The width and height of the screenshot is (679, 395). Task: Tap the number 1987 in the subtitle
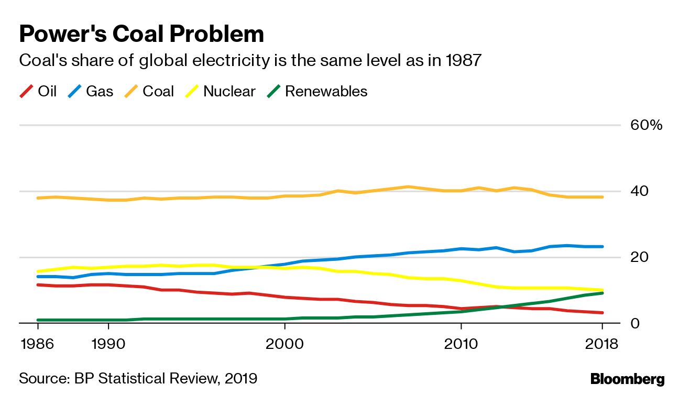[x=463, y=61]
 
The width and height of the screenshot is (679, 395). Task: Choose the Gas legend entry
[x=91, y=92]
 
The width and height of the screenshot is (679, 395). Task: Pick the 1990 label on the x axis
[x=108, y=345]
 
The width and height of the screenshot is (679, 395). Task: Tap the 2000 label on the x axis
[x=285, y=345]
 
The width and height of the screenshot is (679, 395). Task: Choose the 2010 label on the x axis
[x=461, y=345]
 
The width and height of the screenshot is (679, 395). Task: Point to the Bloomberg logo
[x=627, y=379]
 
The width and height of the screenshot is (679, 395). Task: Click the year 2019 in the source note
[x=240, y=378]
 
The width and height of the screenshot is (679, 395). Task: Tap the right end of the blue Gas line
[x=603, y=246]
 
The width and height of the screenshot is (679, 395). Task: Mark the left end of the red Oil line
[x=37, y=284]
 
